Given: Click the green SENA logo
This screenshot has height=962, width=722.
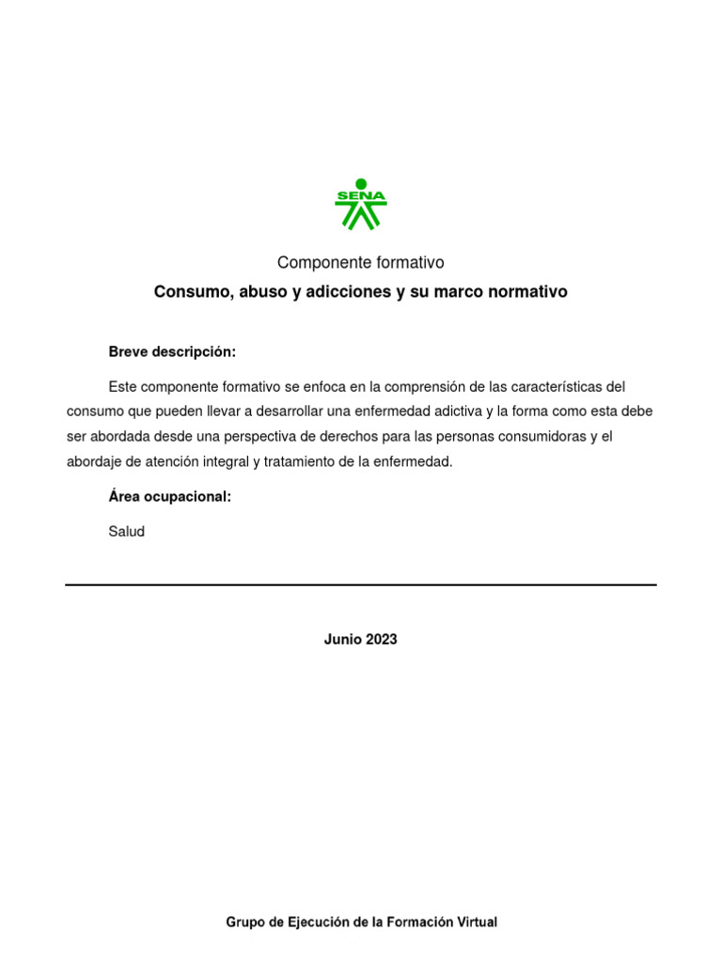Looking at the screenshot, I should (x=361, y=204).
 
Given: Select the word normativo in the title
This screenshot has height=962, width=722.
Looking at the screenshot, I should (x=528, y=292).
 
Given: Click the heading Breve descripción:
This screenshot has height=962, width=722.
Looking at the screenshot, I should (x=172, y=352).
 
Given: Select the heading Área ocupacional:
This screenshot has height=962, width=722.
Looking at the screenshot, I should (x=169, y=497).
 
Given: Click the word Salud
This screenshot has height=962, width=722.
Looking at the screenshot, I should (x=127, y=532).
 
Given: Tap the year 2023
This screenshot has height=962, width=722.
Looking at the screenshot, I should (x=382, y=640).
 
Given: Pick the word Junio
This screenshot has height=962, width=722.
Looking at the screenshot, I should (x=343, y=640).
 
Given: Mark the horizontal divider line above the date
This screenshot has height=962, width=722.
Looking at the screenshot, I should (x=361, y=585).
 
